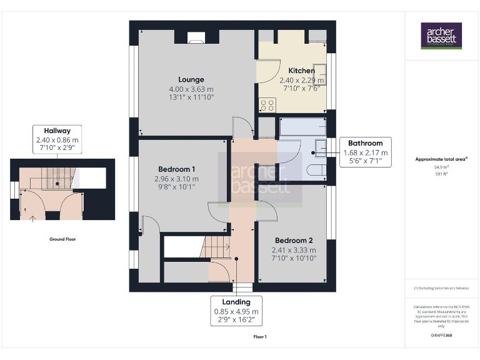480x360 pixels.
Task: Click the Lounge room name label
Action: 191,79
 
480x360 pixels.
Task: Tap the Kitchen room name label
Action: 301,71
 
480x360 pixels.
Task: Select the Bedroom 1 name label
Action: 177,169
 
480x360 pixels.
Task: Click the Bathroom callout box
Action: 366,152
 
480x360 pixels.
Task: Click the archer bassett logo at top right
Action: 441,37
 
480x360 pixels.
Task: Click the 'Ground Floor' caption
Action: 63,239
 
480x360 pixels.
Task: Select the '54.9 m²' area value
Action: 441,167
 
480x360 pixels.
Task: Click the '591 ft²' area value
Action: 441,174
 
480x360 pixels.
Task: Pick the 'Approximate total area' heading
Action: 441,159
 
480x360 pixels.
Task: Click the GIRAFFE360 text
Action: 441,336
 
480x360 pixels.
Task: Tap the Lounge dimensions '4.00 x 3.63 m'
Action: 191,89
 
